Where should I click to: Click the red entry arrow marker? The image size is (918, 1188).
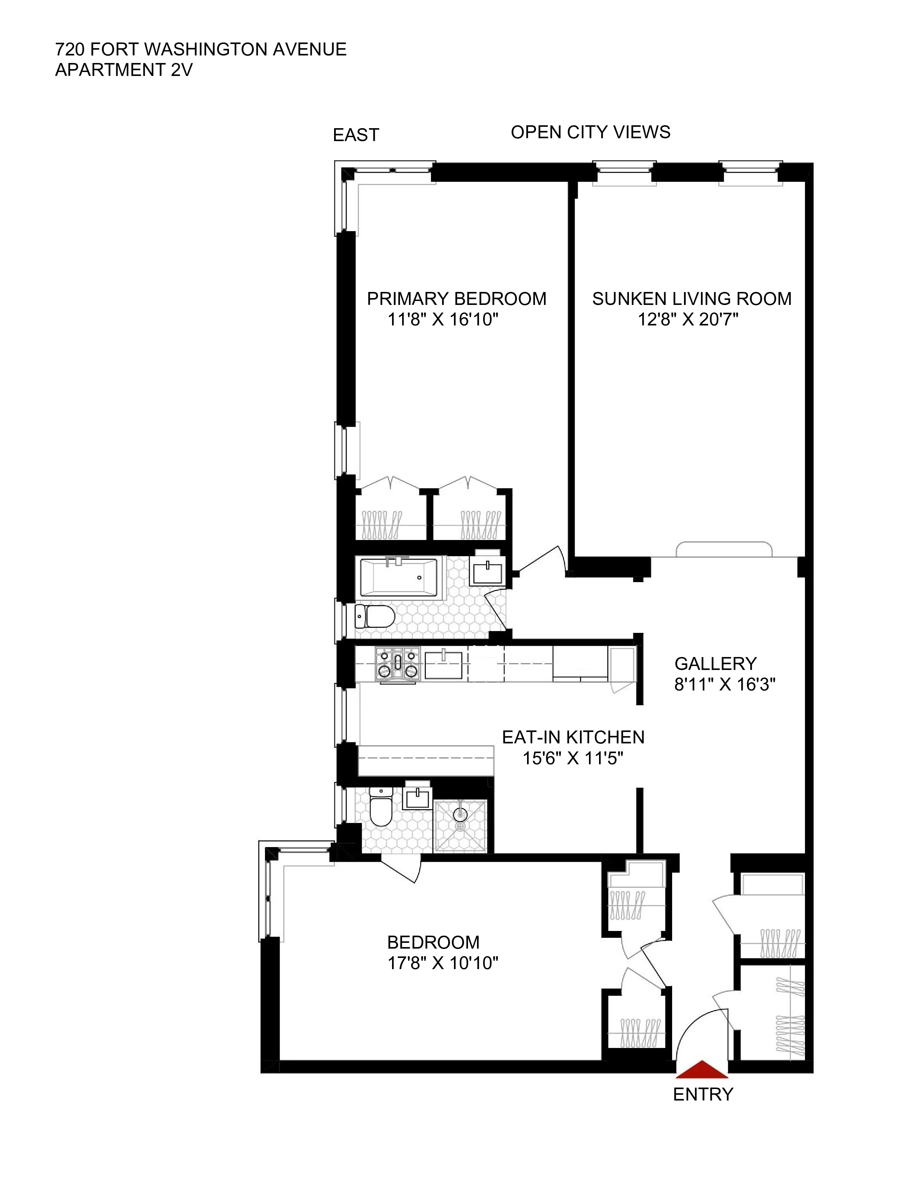tap(702, 1069)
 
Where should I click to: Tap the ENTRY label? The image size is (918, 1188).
tap(703, 1094)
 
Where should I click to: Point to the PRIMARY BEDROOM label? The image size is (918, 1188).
tap(456, 299)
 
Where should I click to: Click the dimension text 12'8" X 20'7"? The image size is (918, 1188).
tap(688, 319)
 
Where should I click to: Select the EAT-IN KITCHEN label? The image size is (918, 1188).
tap(573, 737)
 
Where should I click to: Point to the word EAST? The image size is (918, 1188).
tap(356, 135)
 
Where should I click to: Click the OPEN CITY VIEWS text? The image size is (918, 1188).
tap(590, 132)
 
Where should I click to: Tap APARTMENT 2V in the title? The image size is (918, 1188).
tap(123, 70)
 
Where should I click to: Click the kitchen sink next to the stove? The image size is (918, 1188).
tap(443, 664)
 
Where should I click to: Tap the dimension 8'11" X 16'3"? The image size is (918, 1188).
tap(724, 684)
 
